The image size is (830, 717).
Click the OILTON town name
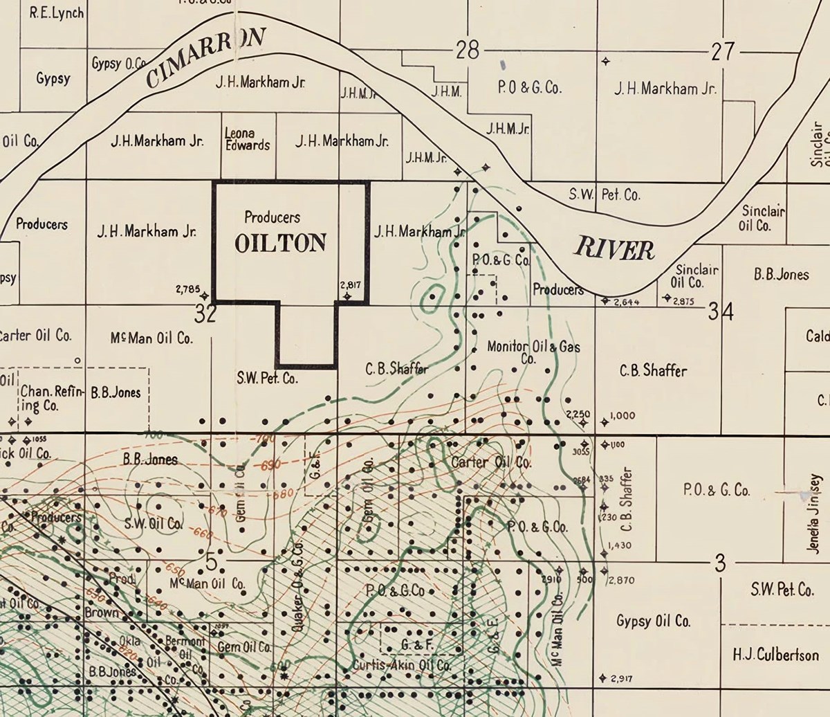pos(280,243)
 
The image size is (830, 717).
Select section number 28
pos(468,51)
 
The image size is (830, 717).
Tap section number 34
pos(720,313)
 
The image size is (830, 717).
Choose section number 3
pos(720,564)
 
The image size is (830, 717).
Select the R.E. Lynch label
pos(57,13)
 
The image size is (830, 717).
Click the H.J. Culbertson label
pos(775,655)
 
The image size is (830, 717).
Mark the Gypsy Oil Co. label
pos(653,621)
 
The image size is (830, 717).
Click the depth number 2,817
pos(351,284)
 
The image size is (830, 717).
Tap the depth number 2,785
pos(188,289)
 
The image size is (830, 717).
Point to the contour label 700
pos(153,435)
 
